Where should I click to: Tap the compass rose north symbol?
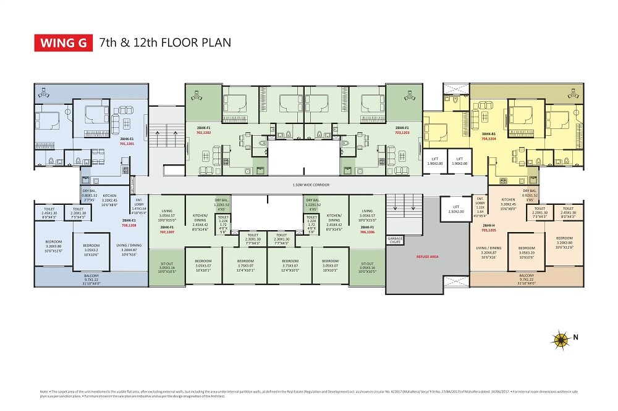coord(561,338)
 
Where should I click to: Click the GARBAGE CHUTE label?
coord(396,240)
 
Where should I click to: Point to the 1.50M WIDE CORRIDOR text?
coord(310,185)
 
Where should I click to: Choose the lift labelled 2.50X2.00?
coord(455,209)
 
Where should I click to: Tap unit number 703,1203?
coord(402,132)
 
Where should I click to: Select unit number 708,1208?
coord(129,226)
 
